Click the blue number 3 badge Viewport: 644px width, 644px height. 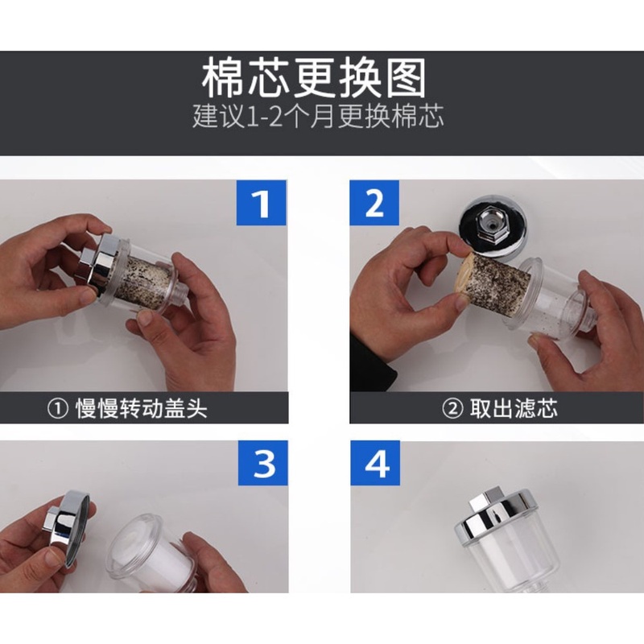(x=262, y=465)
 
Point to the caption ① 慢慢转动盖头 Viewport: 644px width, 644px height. (x=128, y=407)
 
